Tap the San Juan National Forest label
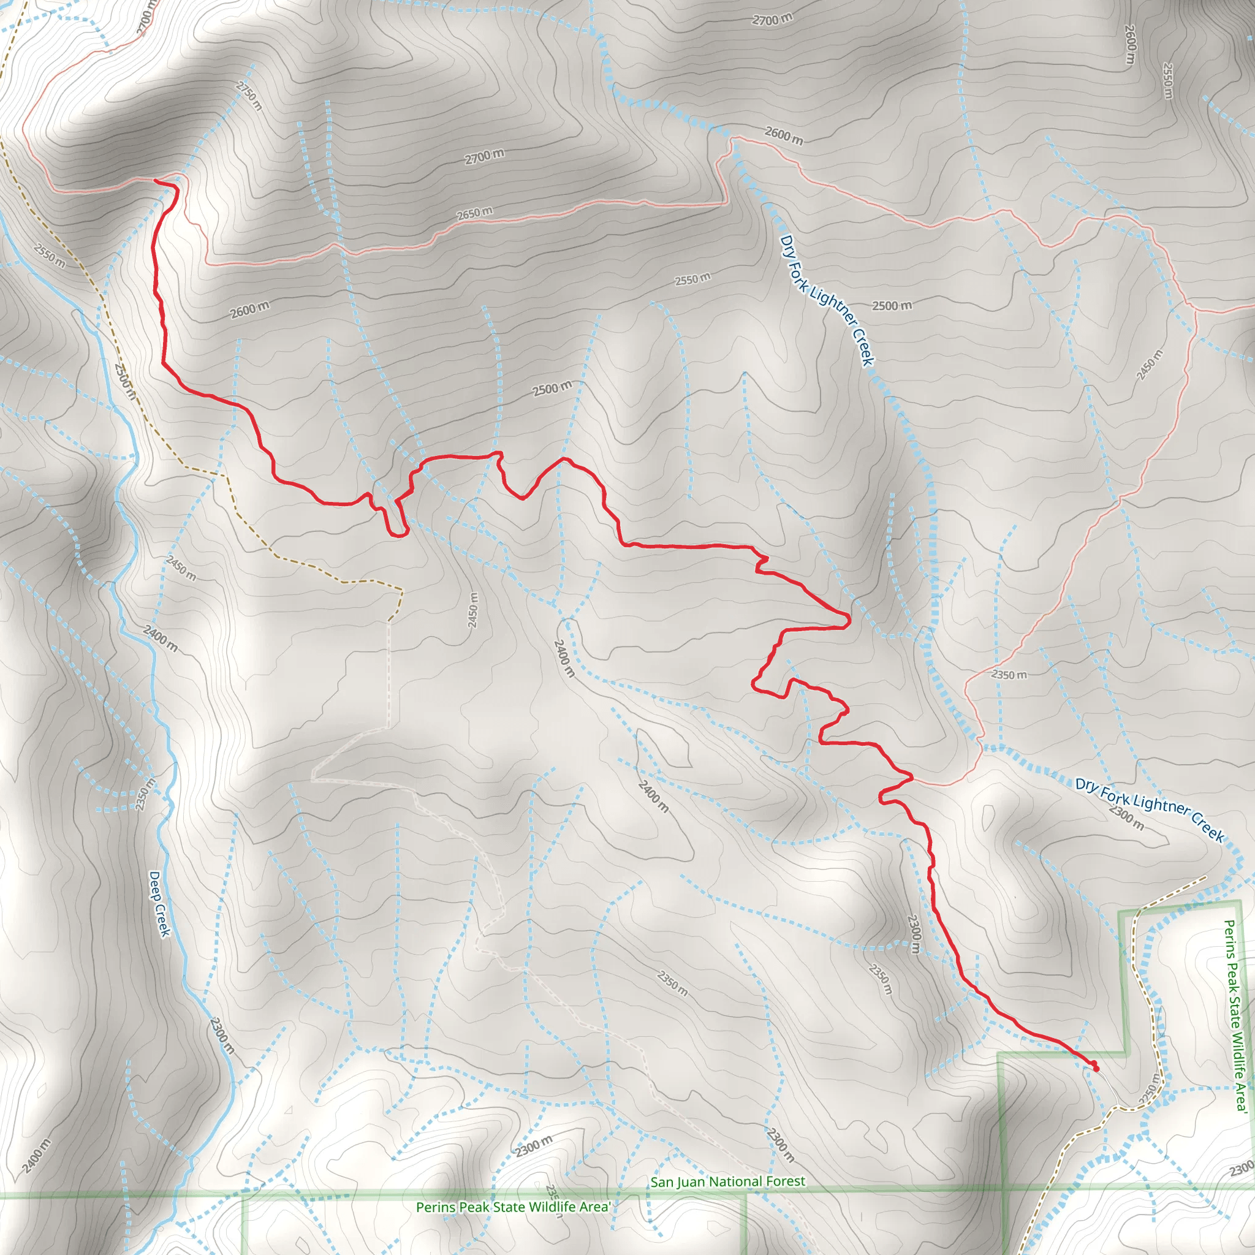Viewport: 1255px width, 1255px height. point(727,1181)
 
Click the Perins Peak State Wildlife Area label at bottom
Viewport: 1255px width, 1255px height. point(512,1207)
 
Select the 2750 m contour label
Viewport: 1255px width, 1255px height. point(249,96)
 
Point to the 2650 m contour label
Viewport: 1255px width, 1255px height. point(474,213)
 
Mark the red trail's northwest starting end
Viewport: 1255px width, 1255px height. point(156,181)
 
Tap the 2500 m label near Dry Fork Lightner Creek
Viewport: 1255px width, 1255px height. point(891,305)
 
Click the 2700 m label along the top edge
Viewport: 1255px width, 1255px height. point(772,20)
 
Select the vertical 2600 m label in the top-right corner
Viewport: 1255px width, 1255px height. point(1129,44)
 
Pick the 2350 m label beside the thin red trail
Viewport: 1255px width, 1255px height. point(1009,675)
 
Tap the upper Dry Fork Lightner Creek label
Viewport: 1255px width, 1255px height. point(827,300)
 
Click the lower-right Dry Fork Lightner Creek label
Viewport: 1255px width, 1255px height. point(1149,809)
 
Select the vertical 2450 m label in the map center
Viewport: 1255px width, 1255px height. point(473,610)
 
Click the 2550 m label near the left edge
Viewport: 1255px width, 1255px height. point(50,256)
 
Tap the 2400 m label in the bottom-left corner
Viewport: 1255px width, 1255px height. point(36,1157)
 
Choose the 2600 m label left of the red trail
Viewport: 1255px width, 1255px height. point(249,310)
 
